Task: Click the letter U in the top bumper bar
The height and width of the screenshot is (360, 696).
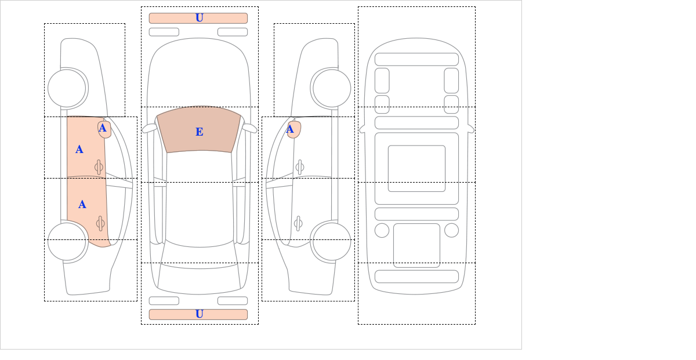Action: click(x=200, y=18)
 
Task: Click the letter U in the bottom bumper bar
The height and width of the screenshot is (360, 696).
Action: click(x=200, y=314)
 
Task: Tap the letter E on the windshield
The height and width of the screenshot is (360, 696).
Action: click(x=200, y=132)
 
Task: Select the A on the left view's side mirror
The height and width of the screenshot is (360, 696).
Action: click(x=103, y=128)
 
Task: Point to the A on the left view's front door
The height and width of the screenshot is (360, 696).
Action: click(x=79, y=150)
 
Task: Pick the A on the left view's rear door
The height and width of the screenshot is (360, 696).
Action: click(x=82, y=205)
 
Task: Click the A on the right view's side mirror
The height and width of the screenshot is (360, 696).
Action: click(x=290, y=129)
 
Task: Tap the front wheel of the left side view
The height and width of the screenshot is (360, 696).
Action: click(x=67, y=88)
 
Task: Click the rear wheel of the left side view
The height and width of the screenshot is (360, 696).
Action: click(x=67, y=241)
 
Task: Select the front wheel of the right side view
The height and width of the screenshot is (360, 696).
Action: click(x=332, y=88)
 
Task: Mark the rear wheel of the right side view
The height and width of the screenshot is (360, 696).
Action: click(x=332, y=241)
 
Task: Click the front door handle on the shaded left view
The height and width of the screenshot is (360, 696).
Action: click(x=99, y=168)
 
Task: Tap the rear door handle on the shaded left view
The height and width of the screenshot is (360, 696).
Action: click(x=100, y=223)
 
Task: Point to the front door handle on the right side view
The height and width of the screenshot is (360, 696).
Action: click(x=300, y=168)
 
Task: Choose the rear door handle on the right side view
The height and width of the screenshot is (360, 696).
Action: click(x=298, y=223)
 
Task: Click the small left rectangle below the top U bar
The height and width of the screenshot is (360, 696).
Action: click(x=164, y=32)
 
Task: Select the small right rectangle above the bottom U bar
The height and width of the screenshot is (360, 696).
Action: click(x=233, y=301)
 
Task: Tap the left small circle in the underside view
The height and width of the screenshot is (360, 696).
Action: click(x=382, y=231)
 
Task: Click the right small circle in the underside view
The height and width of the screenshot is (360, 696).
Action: click(x=451, y=231)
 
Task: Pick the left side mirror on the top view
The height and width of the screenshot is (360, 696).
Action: click(x=149, y=128)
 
